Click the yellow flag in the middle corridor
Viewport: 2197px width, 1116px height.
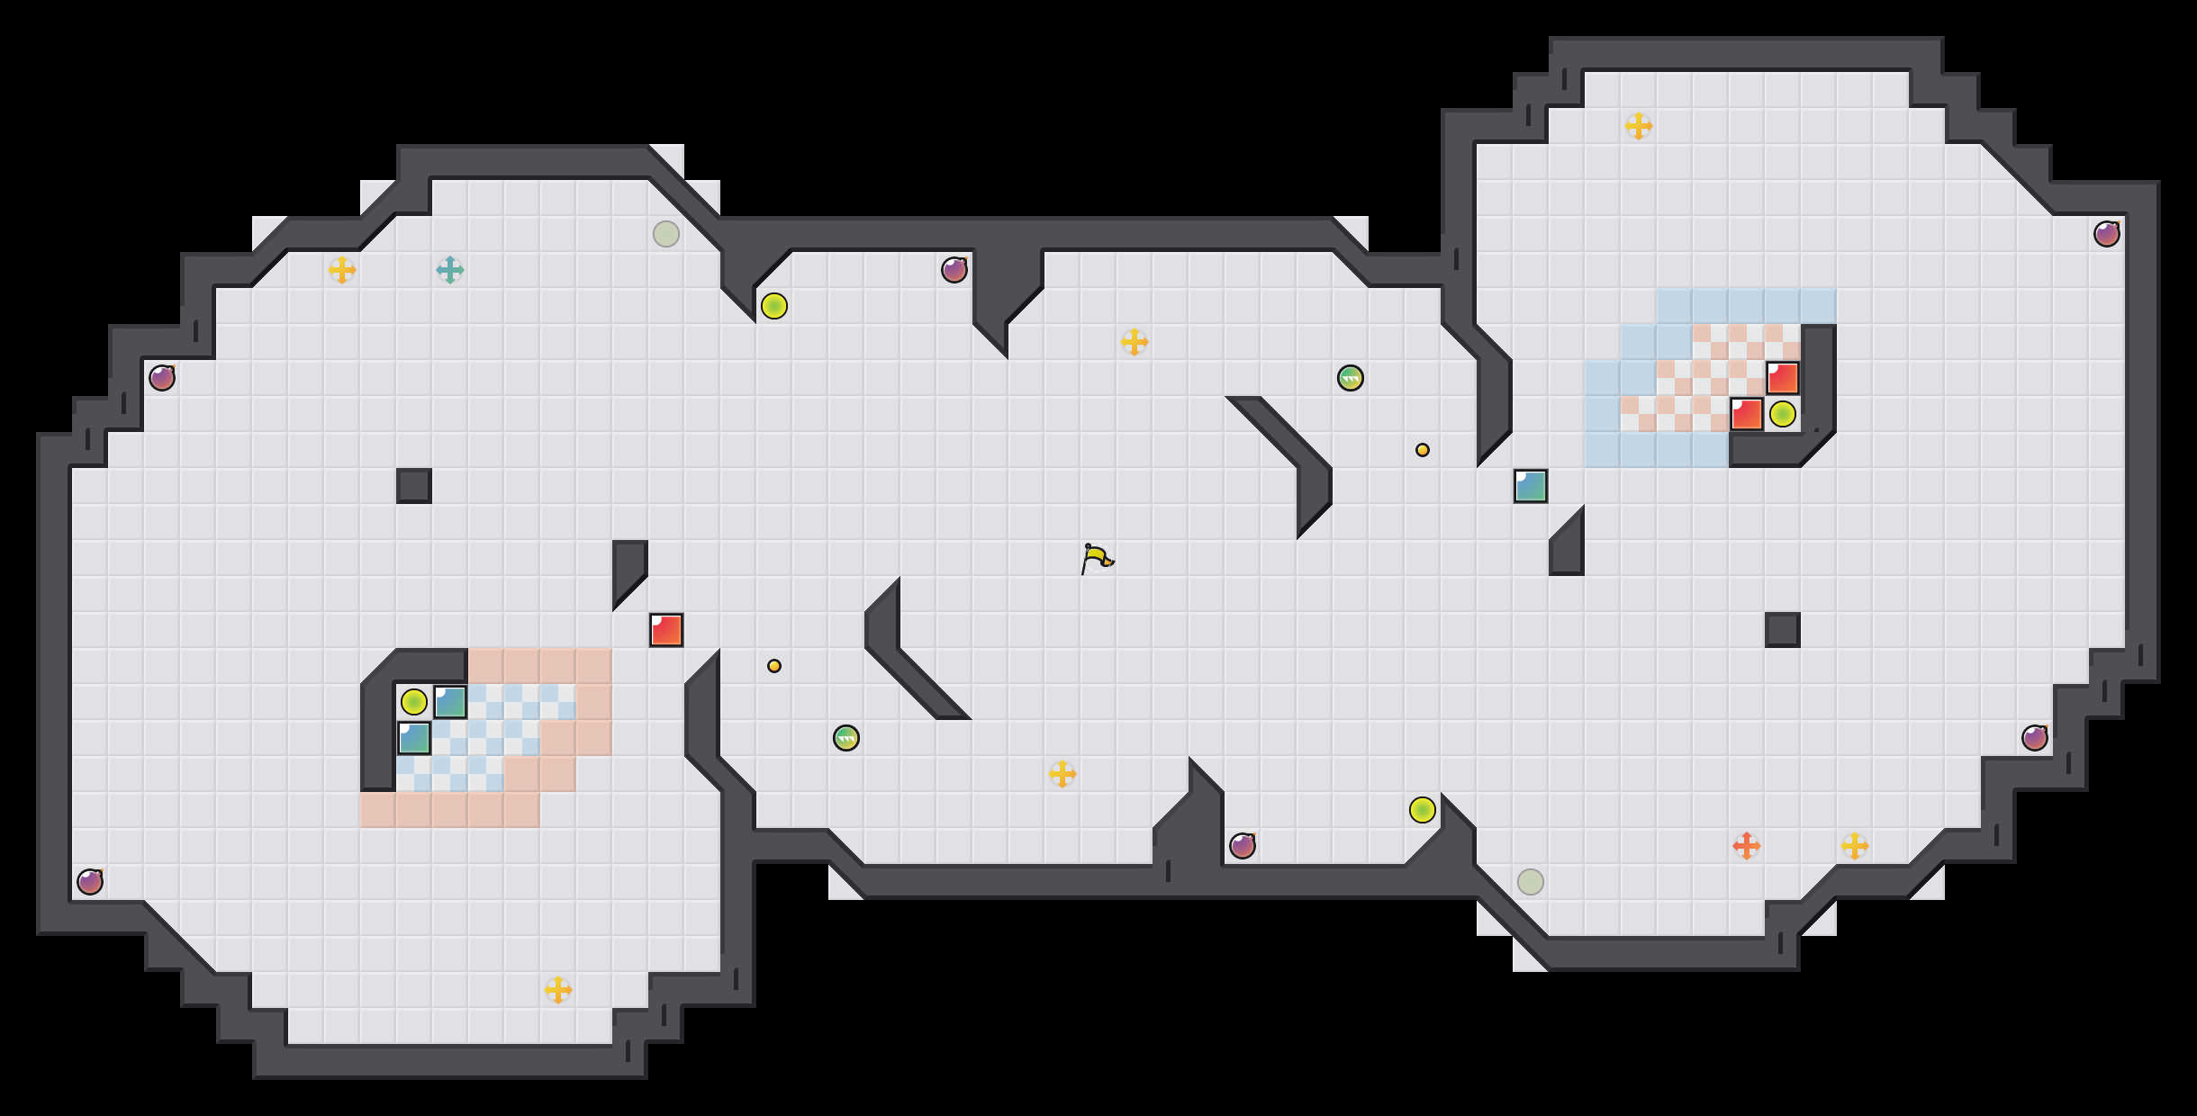1096,559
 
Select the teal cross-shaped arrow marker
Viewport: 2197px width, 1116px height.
450,270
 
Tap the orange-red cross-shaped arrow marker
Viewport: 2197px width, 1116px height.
1747,846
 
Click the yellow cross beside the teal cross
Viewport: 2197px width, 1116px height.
342,270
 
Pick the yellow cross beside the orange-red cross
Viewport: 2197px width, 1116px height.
1855,846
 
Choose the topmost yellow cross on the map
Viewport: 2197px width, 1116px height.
1639,126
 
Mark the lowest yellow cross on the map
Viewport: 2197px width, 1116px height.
558,990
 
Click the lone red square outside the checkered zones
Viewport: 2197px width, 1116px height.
666,630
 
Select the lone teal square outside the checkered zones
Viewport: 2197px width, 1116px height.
1531,486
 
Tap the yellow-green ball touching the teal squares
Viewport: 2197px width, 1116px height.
414,702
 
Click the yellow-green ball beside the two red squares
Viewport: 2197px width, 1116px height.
1783,414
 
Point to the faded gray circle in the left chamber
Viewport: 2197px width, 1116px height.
666,234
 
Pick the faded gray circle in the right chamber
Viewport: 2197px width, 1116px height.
1531,882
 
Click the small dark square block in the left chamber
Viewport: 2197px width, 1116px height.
414,486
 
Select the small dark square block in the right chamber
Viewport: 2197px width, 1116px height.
1783,630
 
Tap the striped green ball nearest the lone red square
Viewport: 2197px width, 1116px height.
846,738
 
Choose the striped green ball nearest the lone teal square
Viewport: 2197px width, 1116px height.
1351,378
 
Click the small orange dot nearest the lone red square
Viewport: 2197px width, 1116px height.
774,666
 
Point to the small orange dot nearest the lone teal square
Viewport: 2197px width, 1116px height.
1423,450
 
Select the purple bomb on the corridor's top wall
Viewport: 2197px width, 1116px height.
954,270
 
